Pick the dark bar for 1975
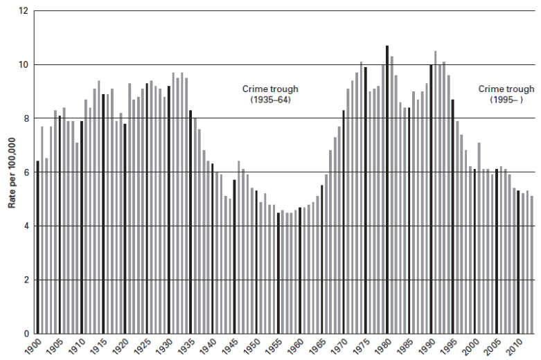[365, 200]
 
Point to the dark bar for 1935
[190, 222]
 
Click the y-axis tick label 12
[24, 11]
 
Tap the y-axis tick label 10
[24, 65]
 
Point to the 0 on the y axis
[26, 334]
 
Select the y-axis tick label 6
[26, 172]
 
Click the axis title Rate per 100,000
[10, 172]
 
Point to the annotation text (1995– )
[506, 100]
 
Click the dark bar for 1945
[234, 256]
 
